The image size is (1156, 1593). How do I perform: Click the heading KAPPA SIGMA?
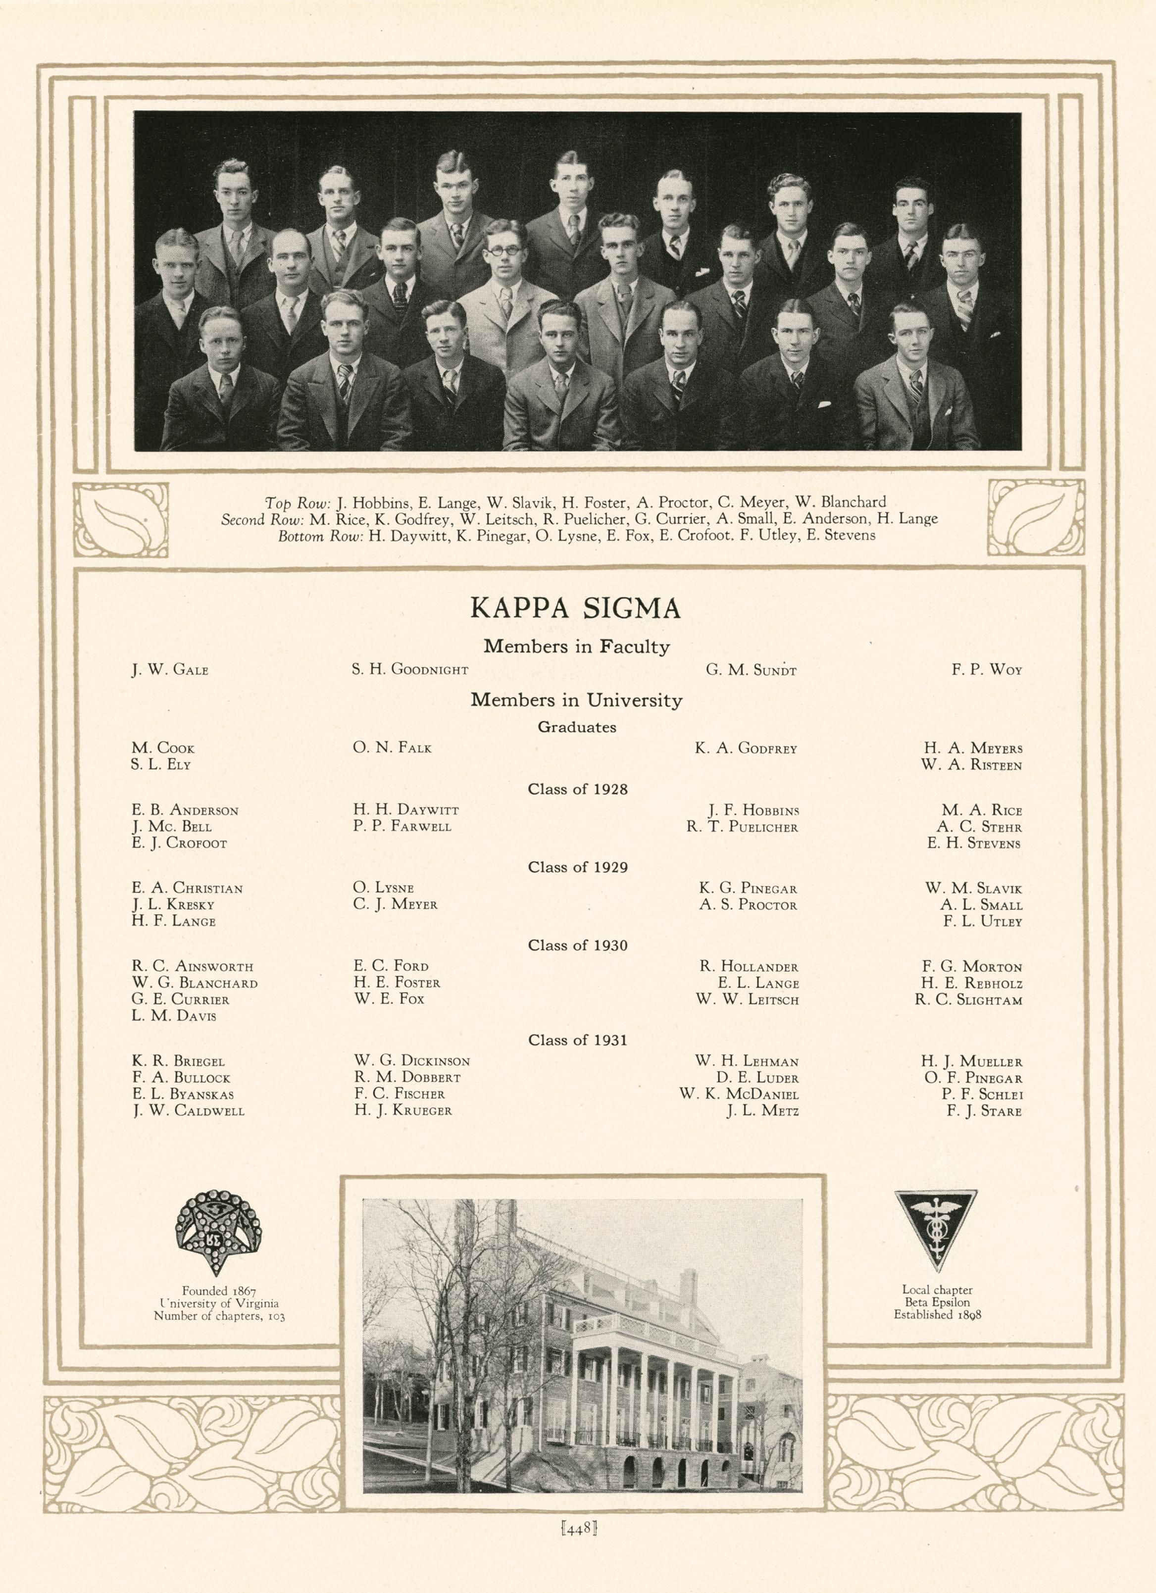[x=576, y=608]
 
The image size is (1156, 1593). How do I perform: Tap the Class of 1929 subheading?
[x=577, y=867]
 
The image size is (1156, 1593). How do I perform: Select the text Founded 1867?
[x=218, y=1290]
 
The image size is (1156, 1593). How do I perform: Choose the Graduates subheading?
[x=577, y=728]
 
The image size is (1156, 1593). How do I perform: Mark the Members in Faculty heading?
[x=577, y=646]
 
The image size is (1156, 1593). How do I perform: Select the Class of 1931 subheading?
[x=577, y=1040]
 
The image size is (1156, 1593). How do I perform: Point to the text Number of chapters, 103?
[x=219, y=1316]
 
